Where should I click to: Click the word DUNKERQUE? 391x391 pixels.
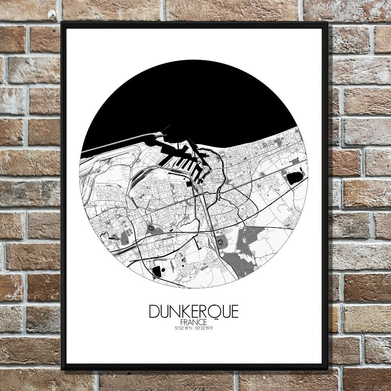pos(194,312)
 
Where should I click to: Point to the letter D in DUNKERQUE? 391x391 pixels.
pos(154,312)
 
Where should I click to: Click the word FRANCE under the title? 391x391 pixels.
pos(194,322)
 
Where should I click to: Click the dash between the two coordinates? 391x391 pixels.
pos(194,327)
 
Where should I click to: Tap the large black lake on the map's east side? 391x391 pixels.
pos(294,178)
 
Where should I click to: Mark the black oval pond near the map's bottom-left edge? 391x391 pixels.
pos(157,271)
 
